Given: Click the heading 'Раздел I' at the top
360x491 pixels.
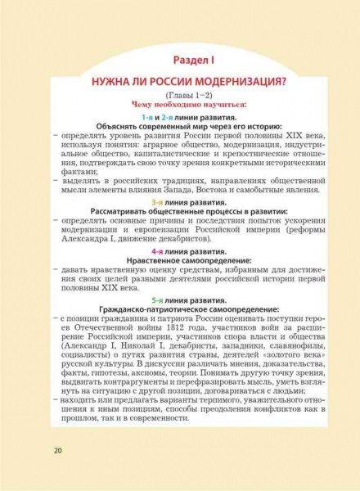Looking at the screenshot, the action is tap(179, 60).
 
